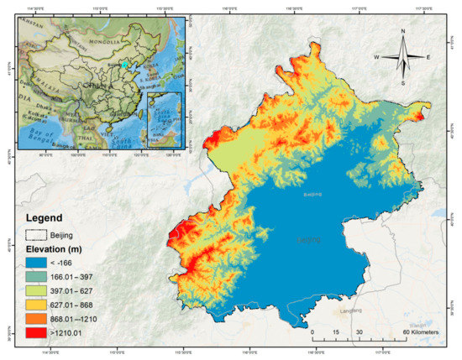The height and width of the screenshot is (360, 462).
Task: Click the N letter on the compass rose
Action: point(403,33)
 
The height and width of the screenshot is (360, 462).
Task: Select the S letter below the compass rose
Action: point(403,83)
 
